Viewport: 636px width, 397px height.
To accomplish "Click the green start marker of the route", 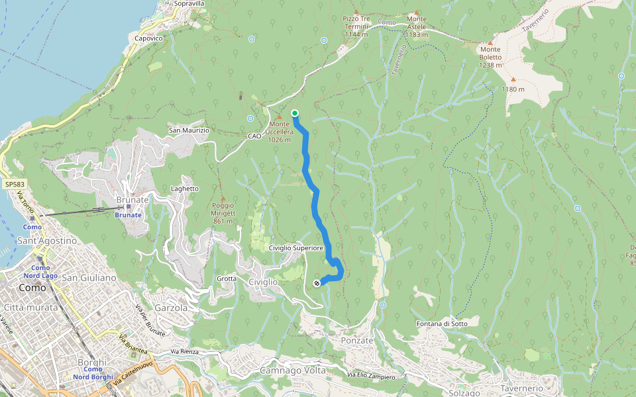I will tap(294, 113).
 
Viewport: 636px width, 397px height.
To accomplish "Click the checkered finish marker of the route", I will tap(317, 283).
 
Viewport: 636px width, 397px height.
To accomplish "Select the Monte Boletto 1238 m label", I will tap(491, 57).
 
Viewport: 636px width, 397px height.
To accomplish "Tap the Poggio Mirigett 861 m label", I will tap(223, 213).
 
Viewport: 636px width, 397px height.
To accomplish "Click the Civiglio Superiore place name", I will tap(296, 247).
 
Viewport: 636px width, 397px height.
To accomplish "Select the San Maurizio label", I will tap(189, 130).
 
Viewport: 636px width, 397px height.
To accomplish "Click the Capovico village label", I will tap(148, 38).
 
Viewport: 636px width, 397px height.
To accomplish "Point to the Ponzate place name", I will tap(357, 340).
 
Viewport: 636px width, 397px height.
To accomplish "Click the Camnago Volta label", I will tap(293, 371).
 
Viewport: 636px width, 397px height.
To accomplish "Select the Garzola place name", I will tap(171, 308).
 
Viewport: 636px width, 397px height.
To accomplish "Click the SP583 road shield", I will tap(13, 185).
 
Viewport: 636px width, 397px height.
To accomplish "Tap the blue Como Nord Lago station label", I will tap(40, 271).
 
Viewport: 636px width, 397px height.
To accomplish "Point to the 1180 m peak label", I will tap(513, 89).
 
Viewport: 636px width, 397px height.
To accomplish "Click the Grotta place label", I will tap(227, 279).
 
